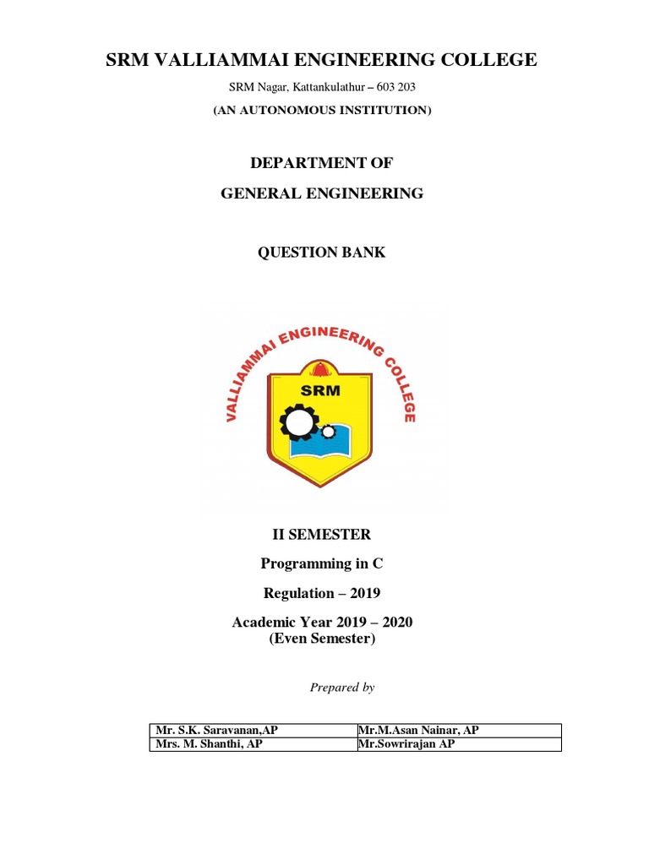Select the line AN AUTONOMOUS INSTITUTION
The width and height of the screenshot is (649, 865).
coord(321,110)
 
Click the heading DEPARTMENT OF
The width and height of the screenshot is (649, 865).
coord(321,162)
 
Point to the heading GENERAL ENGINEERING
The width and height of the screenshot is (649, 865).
coord(321,193)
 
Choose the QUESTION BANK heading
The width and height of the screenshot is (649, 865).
coord(321,253)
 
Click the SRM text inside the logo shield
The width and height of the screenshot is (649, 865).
coord(320,391)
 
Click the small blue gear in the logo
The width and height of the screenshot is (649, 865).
coord(328,432)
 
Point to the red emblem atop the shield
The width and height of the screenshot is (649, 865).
coord(321,369)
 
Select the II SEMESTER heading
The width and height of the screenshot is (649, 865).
coord(321,534)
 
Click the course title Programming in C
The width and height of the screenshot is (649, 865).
coord(321,563)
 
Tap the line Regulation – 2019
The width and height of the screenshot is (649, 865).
coord(321,593)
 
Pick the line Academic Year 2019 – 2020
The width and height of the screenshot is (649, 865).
coord(321,623)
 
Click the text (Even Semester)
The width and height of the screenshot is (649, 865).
coord(321,639)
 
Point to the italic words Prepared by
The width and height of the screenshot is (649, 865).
coord(341,688)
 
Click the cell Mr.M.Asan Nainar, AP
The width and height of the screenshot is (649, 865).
coord(418,731)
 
